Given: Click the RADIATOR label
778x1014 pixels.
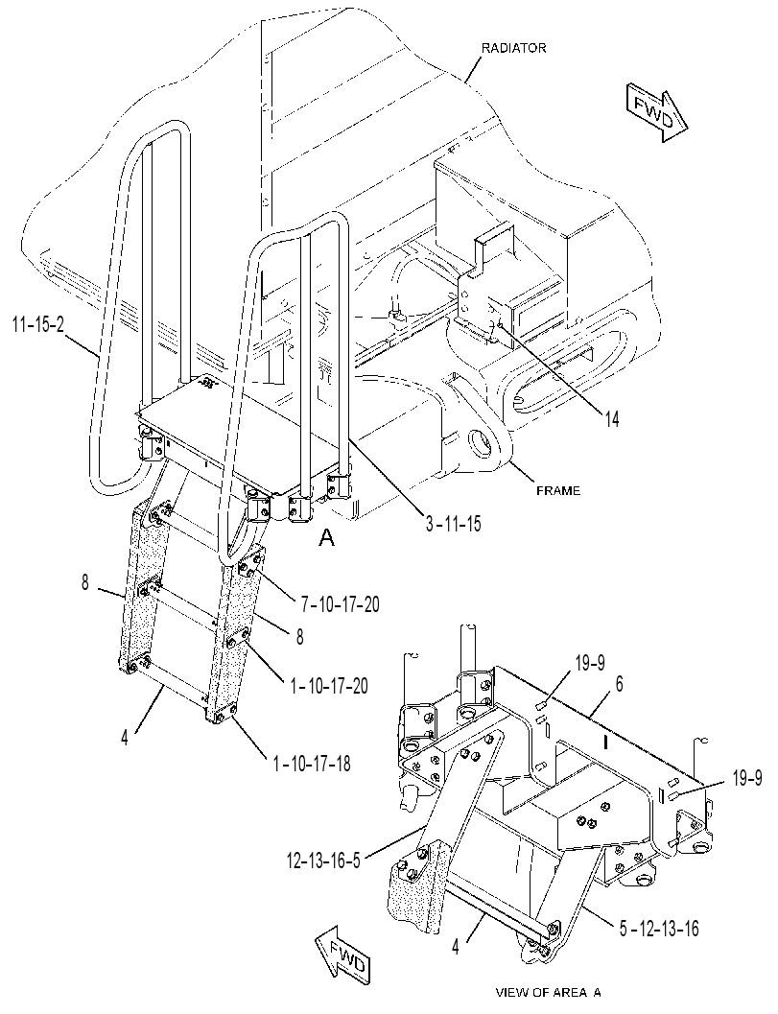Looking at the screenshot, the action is pyautogui.click(x=513, y=48).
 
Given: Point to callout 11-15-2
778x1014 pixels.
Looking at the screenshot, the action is pyautogui.click(x=38, y=325).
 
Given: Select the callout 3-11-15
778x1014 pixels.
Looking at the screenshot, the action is pyautogui.click(x=453, y=524).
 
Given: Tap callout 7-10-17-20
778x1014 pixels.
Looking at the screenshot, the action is pyautogui.click(x=340, y=604).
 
